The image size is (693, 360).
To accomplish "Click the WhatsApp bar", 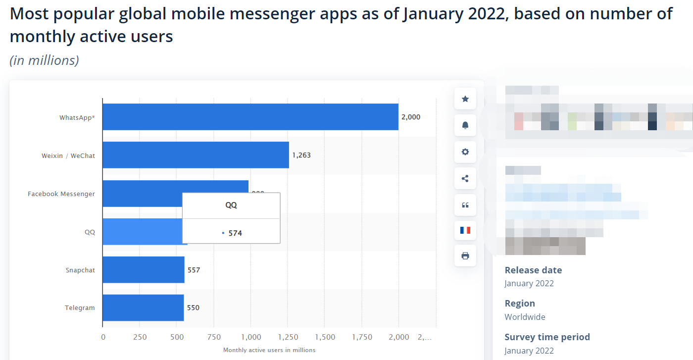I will (250, 117).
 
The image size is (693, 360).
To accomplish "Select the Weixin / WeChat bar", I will (196, 155).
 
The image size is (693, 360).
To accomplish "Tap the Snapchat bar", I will (144, 270).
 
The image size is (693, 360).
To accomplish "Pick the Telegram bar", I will (143, 308).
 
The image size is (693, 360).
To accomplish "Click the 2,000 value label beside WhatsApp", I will (411, 117).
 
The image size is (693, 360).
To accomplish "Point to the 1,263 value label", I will (301, 155).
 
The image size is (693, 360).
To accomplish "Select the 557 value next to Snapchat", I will (194, 270).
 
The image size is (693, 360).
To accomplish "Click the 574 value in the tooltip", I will (235, 233).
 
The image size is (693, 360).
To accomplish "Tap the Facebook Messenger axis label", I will (61, 194).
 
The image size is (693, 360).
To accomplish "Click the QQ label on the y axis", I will (90, 232).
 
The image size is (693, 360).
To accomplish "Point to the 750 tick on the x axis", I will (214, 337).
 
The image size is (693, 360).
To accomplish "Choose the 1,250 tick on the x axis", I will (288, 337).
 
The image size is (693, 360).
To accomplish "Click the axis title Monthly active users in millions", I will (269, 350).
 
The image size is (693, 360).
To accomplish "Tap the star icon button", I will (465, 99).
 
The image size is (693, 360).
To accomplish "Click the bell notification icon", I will (465, 125).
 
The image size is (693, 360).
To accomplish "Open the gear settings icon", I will (465, 152).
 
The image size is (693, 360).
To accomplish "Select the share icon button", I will (465, 178).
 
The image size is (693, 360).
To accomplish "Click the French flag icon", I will (465, 230).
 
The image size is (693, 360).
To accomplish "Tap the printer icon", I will (465, 256).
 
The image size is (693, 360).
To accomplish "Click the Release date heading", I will (533, 270).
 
